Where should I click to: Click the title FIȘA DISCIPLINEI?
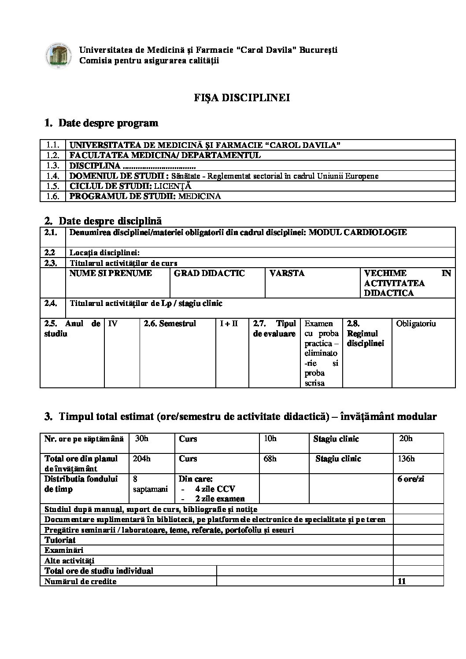242,98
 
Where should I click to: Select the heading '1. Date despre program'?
101,123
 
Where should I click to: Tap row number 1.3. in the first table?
52,166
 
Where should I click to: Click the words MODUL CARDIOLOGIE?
358,232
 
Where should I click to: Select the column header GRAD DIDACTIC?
209,273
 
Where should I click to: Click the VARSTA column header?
287,273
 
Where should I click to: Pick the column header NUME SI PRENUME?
111,273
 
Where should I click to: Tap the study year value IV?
113,324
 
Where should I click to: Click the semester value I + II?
229,324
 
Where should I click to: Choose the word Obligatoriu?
416,324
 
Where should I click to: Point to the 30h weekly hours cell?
142,438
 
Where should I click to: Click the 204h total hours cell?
141,459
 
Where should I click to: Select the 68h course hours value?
270,459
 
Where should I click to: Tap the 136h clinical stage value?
406,459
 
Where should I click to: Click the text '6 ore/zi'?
411,479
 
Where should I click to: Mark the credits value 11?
401,582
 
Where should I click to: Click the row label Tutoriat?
60,540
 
